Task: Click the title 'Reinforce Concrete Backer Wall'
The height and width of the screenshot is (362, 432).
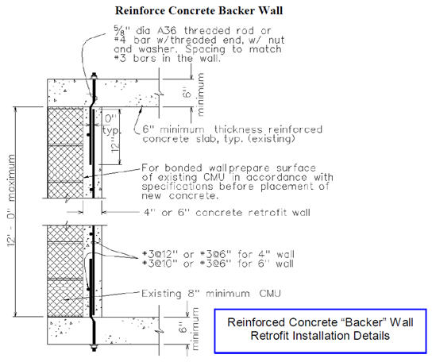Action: tap(199, 10)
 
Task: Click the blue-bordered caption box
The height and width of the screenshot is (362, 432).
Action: tap(320, 331)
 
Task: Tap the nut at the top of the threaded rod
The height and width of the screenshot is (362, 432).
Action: tap(94, 75)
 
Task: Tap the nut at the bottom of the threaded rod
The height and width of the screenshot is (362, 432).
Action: tap(94, 348)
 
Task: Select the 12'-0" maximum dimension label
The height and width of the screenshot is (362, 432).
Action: tap(12, 200)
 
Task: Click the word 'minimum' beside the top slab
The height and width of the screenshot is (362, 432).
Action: tap(201, 94)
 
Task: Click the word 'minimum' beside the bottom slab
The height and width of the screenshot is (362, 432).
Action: tap(195, 329)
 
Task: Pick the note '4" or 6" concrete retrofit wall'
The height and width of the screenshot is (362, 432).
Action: tap(227, 213)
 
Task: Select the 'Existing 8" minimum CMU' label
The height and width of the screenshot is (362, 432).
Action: tap(211, 294)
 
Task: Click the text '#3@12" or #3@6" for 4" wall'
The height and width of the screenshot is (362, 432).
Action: tap(218, 254)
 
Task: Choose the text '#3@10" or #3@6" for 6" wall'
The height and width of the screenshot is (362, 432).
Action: tap(218, 264)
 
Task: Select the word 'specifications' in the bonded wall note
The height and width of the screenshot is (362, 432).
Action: tap(177, 187)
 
